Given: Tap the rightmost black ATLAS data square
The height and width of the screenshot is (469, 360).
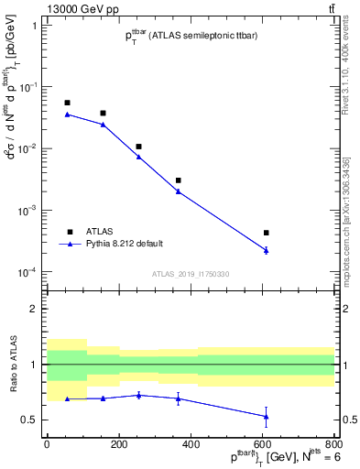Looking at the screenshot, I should pyautogui.click(x=266, y=233).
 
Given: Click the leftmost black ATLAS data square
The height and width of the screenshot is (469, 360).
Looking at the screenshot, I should pyautogui.click(x=67, y=103).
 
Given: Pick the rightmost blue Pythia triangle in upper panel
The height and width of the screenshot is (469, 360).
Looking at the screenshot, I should pyautogui.click(x=266, y=250).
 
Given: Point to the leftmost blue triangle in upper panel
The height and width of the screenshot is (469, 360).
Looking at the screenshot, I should pyautogui.click(x=67, y=115).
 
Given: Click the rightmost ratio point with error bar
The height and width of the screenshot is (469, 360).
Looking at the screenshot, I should pyautogui.click(x=266, y=417).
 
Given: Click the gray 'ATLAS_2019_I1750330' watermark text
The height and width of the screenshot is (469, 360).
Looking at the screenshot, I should pyautogui.click(x=191, y=274).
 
